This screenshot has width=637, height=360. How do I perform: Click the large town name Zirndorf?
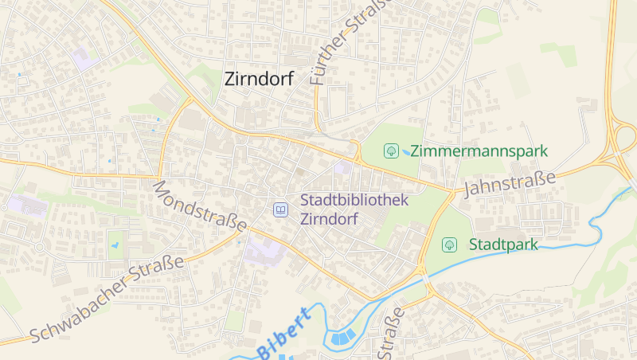pyautogui.click(x=260, y=78)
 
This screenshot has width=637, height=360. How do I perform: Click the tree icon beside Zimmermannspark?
pyautogui.click(x=391, y=150)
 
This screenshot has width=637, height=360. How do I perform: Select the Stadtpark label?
pyautogui.click(x=503, y=244)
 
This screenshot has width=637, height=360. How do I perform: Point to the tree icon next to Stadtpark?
pyautogui.click(x=449, y=244)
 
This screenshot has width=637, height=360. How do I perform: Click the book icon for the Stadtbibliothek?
pyautogui.click(x=280, y=209)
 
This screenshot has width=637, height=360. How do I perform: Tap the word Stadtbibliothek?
pyautogui.click(x=354, y=200)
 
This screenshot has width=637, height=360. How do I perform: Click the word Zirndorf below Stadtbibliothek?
pyautogui.click(x=328, y=219)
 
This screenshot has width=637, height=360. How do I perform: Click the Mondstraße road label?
pyautogui.click(x=199, y=206)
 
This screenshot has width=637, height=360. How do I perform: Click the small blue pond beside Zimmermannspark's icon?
pyautogui.click(x=406, y=151)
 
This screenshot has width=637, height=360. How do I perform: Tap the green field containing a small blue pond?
pyautogui.click(x=117, y=244)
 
